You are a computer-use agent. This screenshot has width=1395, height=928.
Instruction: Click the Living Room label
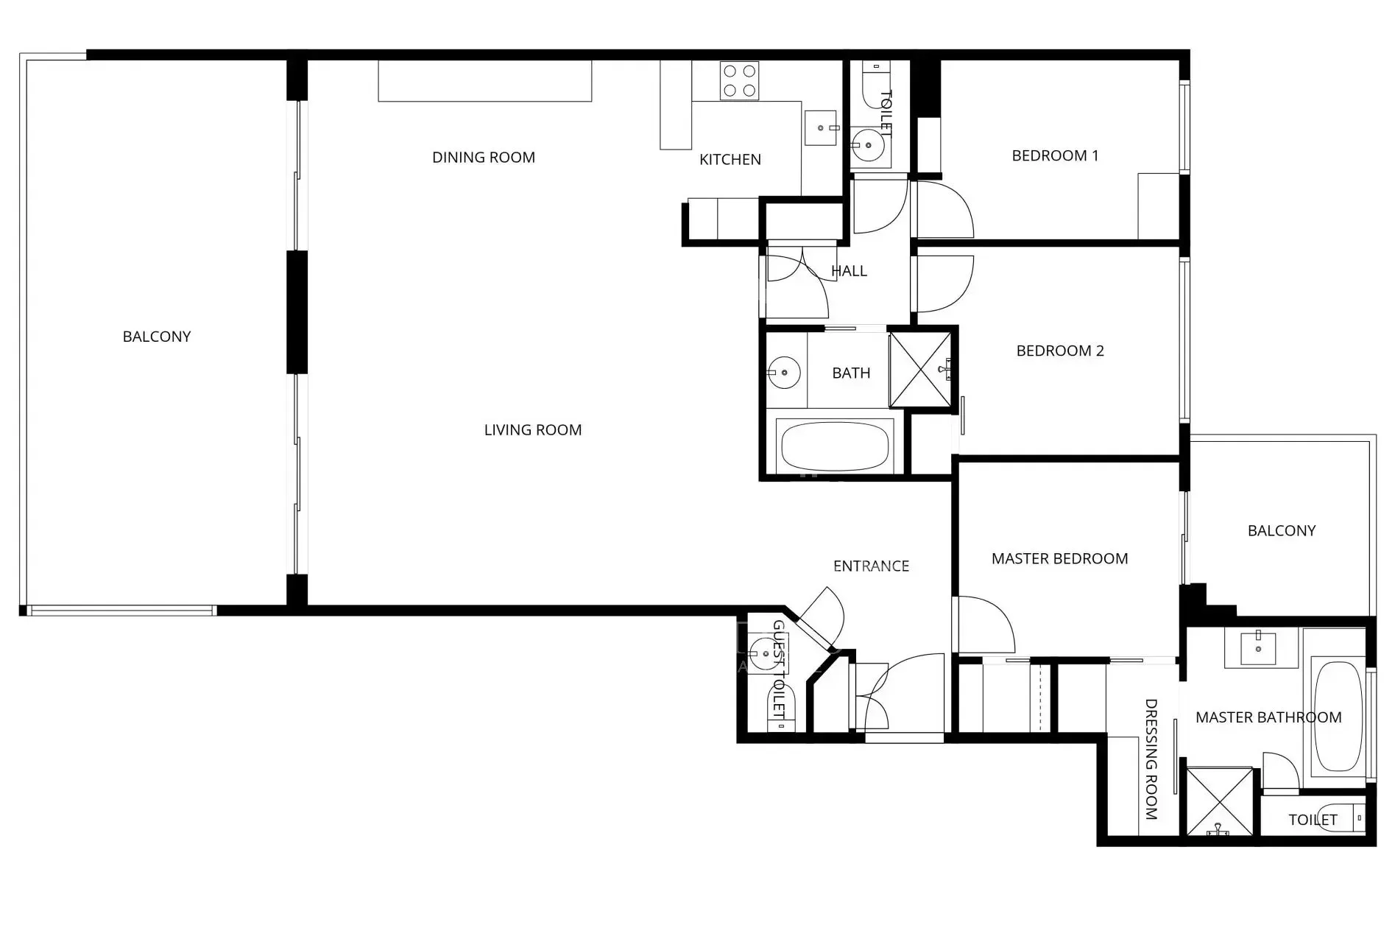point(532,429)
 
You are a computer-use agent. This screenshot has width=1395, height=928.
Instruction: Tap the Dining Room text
point(483,157)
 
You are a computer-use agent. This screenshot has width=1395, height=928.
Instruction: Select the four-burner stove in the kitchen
point(739,80)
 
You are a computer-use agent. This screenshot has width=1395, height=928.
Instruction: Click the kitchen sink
point(821,128)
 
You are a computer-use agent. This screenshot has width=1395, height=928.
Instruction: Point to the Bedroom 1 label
point(1055,155)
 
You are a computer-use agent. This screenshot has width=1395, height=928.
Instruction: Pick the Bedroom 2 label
point(1060,351)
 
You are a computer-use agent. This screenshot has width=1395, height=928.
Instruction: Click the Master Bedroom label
point(1059,558)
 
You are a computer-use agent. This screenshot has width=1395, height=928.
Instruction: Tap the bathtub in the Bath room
point(834,446)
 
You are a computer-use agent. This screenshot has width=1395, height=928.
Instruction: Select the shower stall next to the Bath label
point(920,369)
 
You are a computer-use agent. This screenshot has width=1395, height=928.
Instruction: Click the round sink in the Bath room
point(785,372)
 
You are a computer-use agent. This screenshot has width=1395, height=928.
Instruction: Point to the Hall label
point(849,271)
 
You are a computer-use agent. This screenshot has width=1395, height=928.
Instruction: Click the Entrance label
point(871,566)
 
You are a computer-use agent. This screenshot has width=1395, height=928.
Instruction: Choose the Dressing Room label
point(1151,759)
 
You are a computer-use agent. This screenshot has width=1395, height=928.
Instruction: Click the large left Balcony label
point(156,337)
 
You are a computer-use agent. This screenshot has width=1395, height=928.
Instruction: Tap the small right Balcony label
point(1281,530)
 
